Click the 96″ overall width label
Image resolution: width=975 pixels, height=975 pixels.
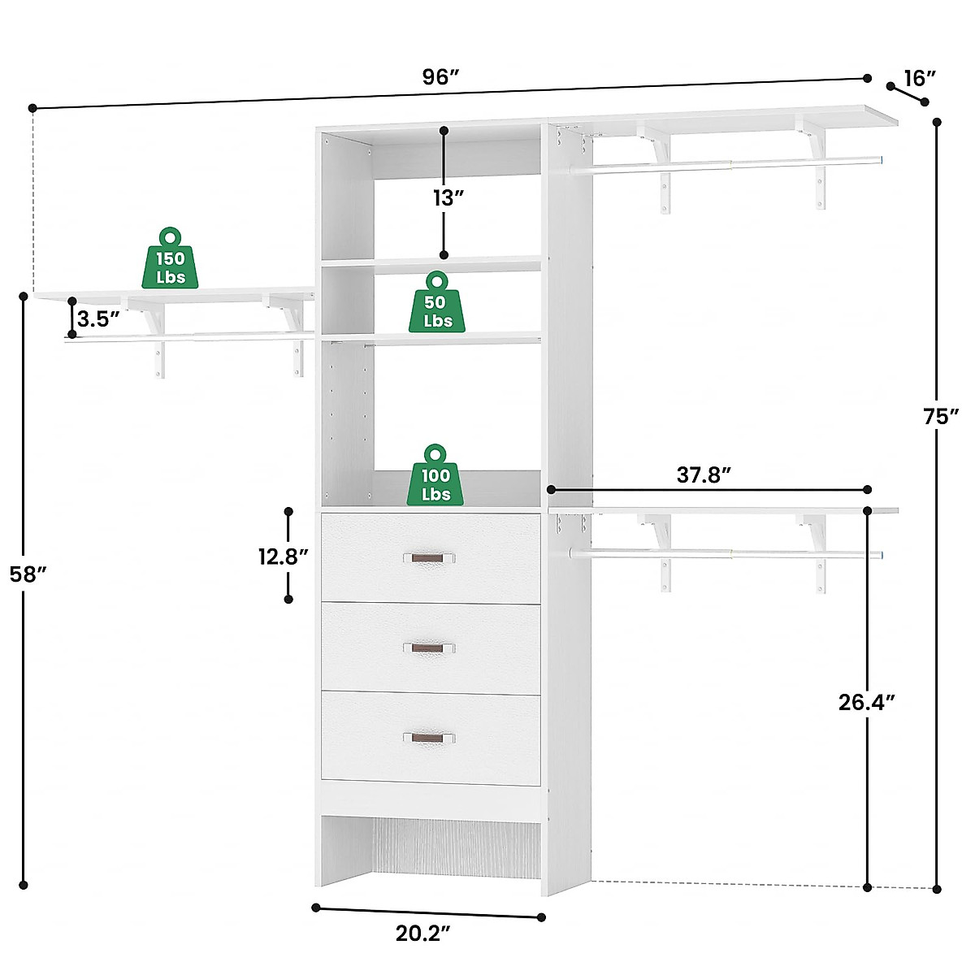441,77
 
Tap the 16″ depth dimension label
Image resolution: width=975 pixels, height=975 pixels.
920,78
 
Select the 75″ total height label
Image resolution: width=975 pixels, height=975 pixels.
942,417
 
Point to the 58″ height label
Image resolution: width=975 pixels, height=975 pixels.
29,574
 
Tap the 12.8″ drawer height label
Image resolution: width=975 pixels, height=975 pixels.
284,557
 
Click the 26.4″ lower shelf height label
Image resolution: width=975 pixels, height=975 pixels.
867,702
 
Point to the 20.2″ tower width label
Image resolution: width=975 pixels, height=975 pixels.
422,934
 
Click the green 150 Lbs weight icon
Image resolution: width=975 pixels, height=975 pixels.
170,258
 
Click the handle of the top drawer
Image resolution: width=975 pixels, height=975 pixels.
429,558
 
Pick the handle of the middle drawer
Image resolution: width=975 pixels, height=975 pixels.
429,648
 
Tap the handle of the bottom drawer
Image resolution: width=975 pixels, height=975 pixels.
429,738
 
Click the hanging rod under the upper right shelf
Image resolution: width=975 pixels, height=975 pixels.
731,165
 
